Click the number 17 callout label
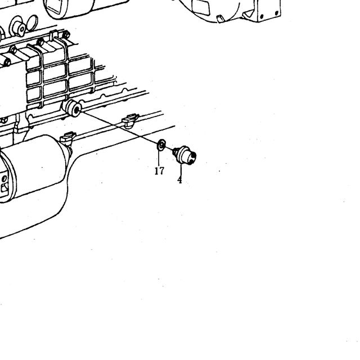[x=159, y=171]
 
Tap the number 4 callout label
[x=179, y=180]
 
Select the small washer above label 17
[x=161, y=145]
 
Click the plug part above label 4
[x=185, y=155]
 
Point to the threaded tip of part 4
[x=175, y=151]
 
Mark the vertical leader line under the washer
[x=159, y=158]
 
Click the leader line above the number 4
[x=181, y=169]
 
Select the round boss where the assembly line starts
[x=73, y=108]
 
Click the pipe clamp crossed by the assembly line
[x=130, y=120]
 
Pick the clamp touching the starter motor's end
[x=67, y=139]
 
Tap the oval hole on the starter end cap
[x=4, y=179]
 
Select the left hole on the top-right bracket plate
[x=262, y=16]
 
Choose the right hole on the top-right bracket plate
[x=277, y=13]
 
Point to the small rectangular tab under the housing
[x=220, y=19]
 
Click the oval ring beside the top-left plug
[x=32, y=22]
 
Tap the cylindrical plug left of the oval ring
[x=18, y=28]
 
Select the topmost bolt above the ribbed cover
[x=66, y=35]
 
